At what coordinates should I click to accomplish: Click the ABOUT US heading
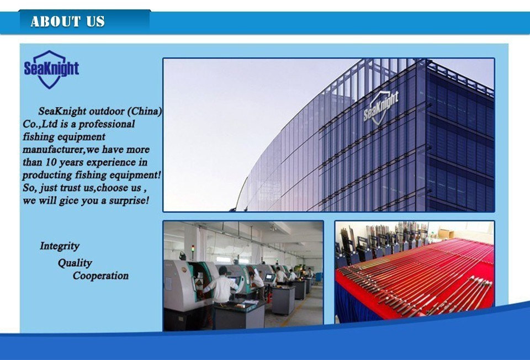point(67,22)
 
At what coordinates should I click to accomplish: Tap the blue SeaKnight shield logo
point(51,70)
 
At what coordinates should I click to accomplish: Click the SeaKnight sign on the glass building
point(381,107)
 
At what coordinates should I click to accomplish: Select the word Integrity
point(60,246)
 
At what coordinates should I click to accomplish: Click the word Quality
point(75,263)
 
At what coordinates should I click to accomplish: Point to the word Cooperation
point(100,276)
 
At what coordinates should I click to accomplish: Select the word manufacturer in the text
point(53,150)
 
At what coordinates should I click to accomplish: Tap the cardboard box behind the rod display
point(446,233)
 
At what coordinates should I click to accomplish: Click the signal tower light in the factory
point(193,251)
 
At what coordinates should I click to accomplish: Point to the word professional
point(107,124)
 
